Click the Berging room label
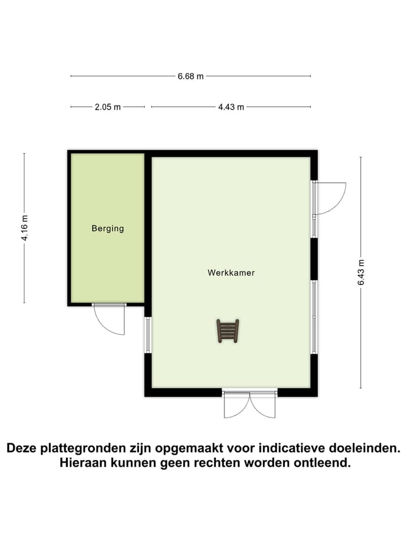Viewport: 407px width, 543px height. click(x=107, y=229)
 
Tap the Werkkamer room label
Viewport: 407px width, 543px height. click(x=231, y=273)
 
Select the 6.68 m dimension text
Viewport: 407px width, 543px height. click(x=190, y=76)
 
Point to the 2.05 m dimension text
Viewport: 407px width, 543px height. click(x=107, y=107)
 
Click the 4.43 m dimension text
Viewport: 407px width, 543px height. click(x=231, y=107)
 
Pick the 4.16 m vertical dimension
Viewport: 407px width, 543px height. click(x=24, y=228)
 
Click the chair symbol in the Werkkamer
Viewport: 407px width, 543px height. click(x=228, y=330)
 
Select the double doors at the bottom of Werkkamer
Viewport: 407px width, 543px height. click(x=249, y=404)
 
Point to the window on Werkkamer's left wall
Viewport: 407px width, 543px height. click(x=148, y=335)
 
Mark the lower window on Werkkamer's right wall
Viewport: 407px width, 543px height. click(x=314, y=316)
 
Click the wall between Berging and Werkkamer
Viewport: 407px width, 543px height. click(x=148, y=232)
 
